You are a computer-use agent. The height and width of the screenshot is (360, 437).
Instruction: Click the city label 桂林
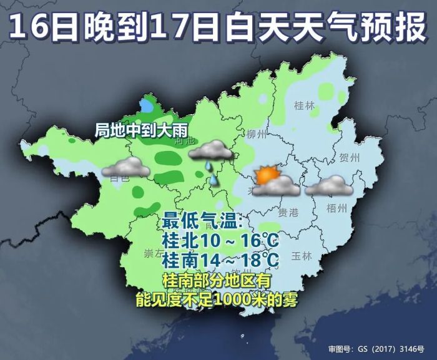pyautogui.click(x=304, y=105)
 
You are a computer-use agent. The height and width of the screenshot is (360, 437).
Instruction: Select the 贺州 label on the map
pyautogui.click(x=350, y=158)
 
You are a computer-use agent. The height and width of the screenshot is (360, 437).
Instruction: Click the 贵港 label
pyautogui.click(x=288, y=213)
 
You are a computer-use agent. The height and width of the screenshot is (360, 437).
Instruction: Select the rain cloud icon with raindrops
pyautogui.click(x=210, y=150)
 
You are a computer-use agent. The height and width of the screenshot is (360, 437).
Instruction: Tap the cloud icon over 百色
pyautogui.click(x=125, y=167)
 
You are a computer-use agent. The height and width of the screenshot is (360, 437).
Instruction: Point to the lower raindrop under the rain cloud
pyautogui.click(x=214, y=180)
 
